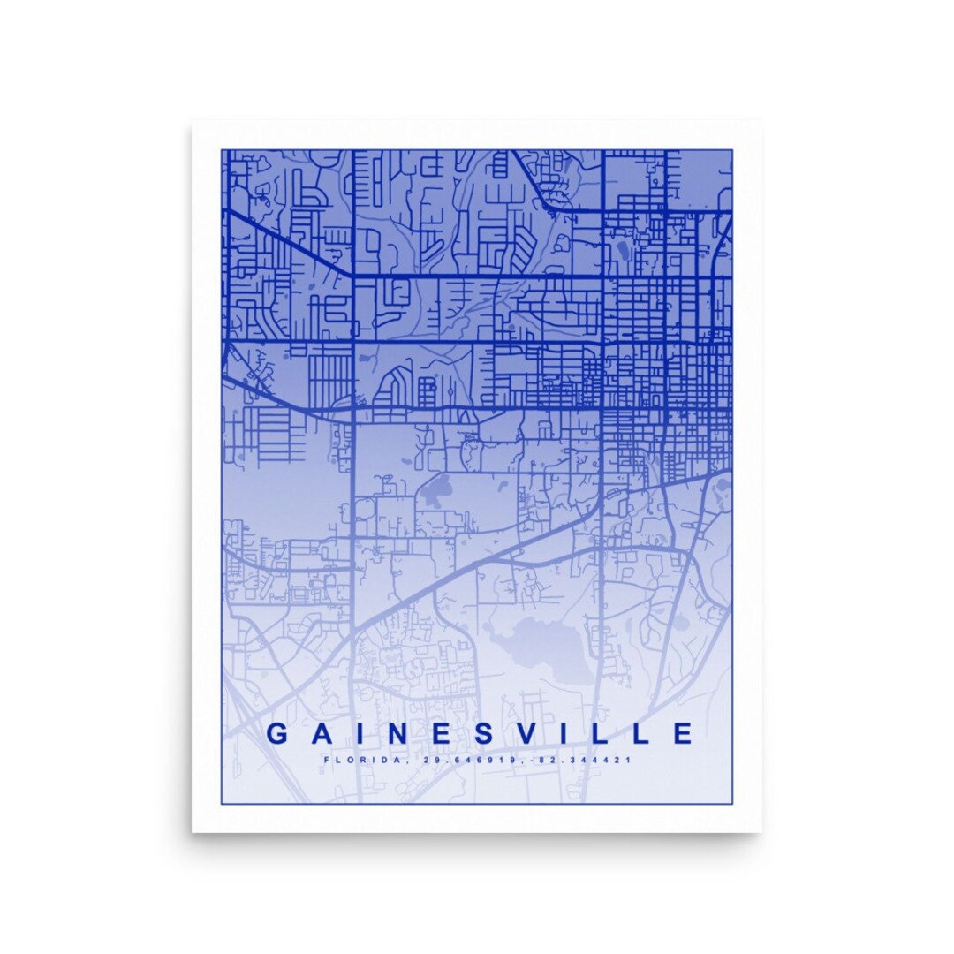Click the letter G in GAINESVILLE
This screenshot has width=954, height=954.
(277, 733)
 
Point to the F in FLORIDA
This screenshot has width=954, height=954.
(327, 760)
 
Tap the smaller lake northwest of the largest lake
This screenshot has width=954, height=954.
(438, 488)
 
